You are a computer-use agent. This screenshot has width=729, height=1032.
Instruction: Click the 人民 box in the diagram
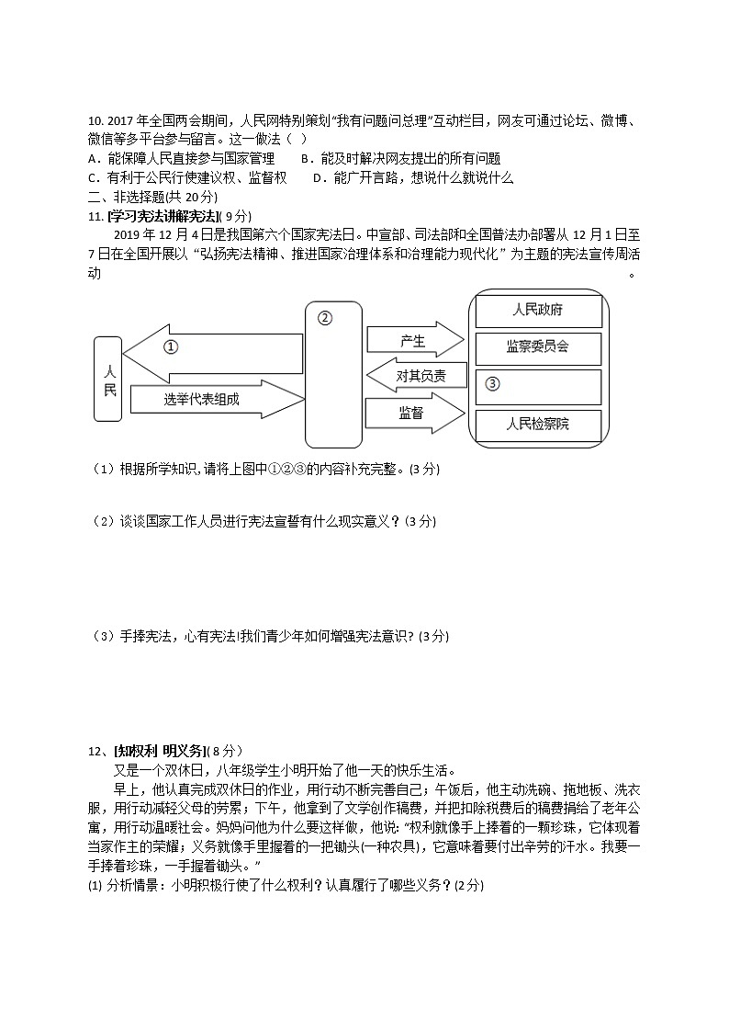point(108,379)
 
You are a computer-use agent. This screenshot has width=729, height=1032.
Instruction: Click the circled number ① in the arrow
point(171,347)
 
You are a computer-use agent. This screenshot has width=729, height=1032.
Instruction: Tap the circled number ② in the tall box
point(324,318)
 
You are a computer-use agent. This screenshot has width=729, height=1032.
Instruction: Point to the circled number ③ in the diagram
point(492,384)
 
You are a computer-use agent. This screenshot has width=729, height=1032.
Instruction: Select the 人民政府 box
point(537,311)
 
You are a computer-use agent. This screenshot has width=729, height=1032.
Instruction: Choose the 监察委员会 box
point(537,348)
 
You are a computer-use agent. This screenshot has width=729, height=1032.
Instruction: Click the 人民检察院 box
point(537,425)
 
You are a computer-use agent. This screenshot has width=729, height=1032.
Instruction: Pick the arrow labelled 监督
point(413,413)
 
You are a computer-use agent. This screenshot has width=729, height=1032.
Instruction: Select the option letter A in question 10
point(91,158)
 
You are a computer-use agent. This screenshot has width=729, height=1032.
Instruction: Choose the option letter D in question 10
point(317,177)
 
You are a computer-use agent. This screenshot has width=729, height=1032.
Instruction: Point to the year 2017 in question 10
point(120,120)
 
